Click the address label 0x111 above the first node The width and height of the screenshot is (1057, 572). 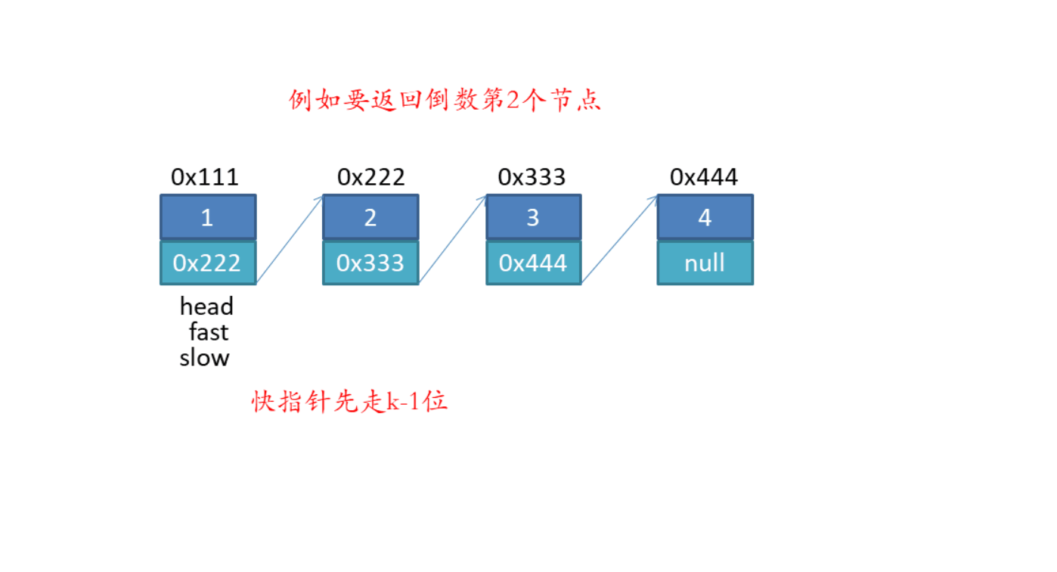click(205, 177)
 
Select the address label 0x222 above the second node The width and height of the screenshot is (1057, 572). click(371, 177)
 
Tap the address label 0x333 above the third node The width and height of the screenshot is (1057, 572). click(532, 177)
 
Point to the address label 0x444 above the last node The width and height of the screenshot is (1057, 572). click(704, 177)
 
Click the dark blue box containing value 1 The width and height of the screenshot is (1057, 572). click(208, 217)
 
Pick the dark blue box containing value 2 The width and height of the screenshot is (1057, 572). click(370, 217)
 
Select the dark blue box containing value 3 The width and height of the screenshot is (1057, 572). click(534, 217)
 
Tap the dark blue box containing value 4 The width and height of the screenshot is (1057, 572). click(705, 217)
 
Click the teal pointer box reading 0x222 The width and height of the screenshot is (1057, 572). click(208, 263)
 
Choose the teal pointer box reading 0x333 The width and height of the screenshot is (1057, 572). click(370, 263)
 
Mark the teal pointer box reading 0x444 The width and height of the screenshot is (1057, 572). click(534, 263)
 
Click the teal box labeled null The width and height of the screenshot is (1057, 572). click(705, 263)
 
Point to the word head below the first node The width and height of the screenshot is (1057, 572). click(206, 306)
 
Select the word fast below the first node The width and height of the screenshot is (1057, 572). click(209, 332)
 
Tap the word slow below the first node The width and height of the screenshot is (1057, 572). click(204, 358)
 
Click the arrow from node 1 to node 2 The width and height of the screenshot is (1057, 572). click(290, 240)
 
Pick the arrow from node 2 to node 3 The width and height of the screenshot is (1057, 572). click(453, 240)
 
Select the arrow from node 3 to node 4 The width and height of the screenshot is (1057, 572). click(619, 240)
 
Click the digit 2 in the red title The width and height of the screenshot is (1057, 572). click(513, 100)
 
